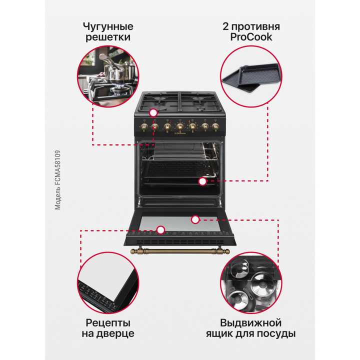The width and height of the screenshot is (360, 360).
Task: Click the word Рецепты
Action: coord(108,322)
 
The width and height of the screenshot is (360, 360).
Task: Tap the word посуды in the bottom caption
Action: coord(277,334)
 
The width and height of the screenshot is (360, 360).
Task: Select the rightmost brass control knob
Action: coord(215,126)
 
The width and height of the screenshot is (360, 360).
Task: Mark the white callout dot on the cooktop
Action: coord(153,114)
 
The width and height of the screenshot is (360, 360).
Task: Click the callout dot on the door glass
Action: coord(195,219)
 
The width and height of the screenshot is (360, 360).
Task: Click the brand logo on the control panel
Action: coord(179,133)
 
